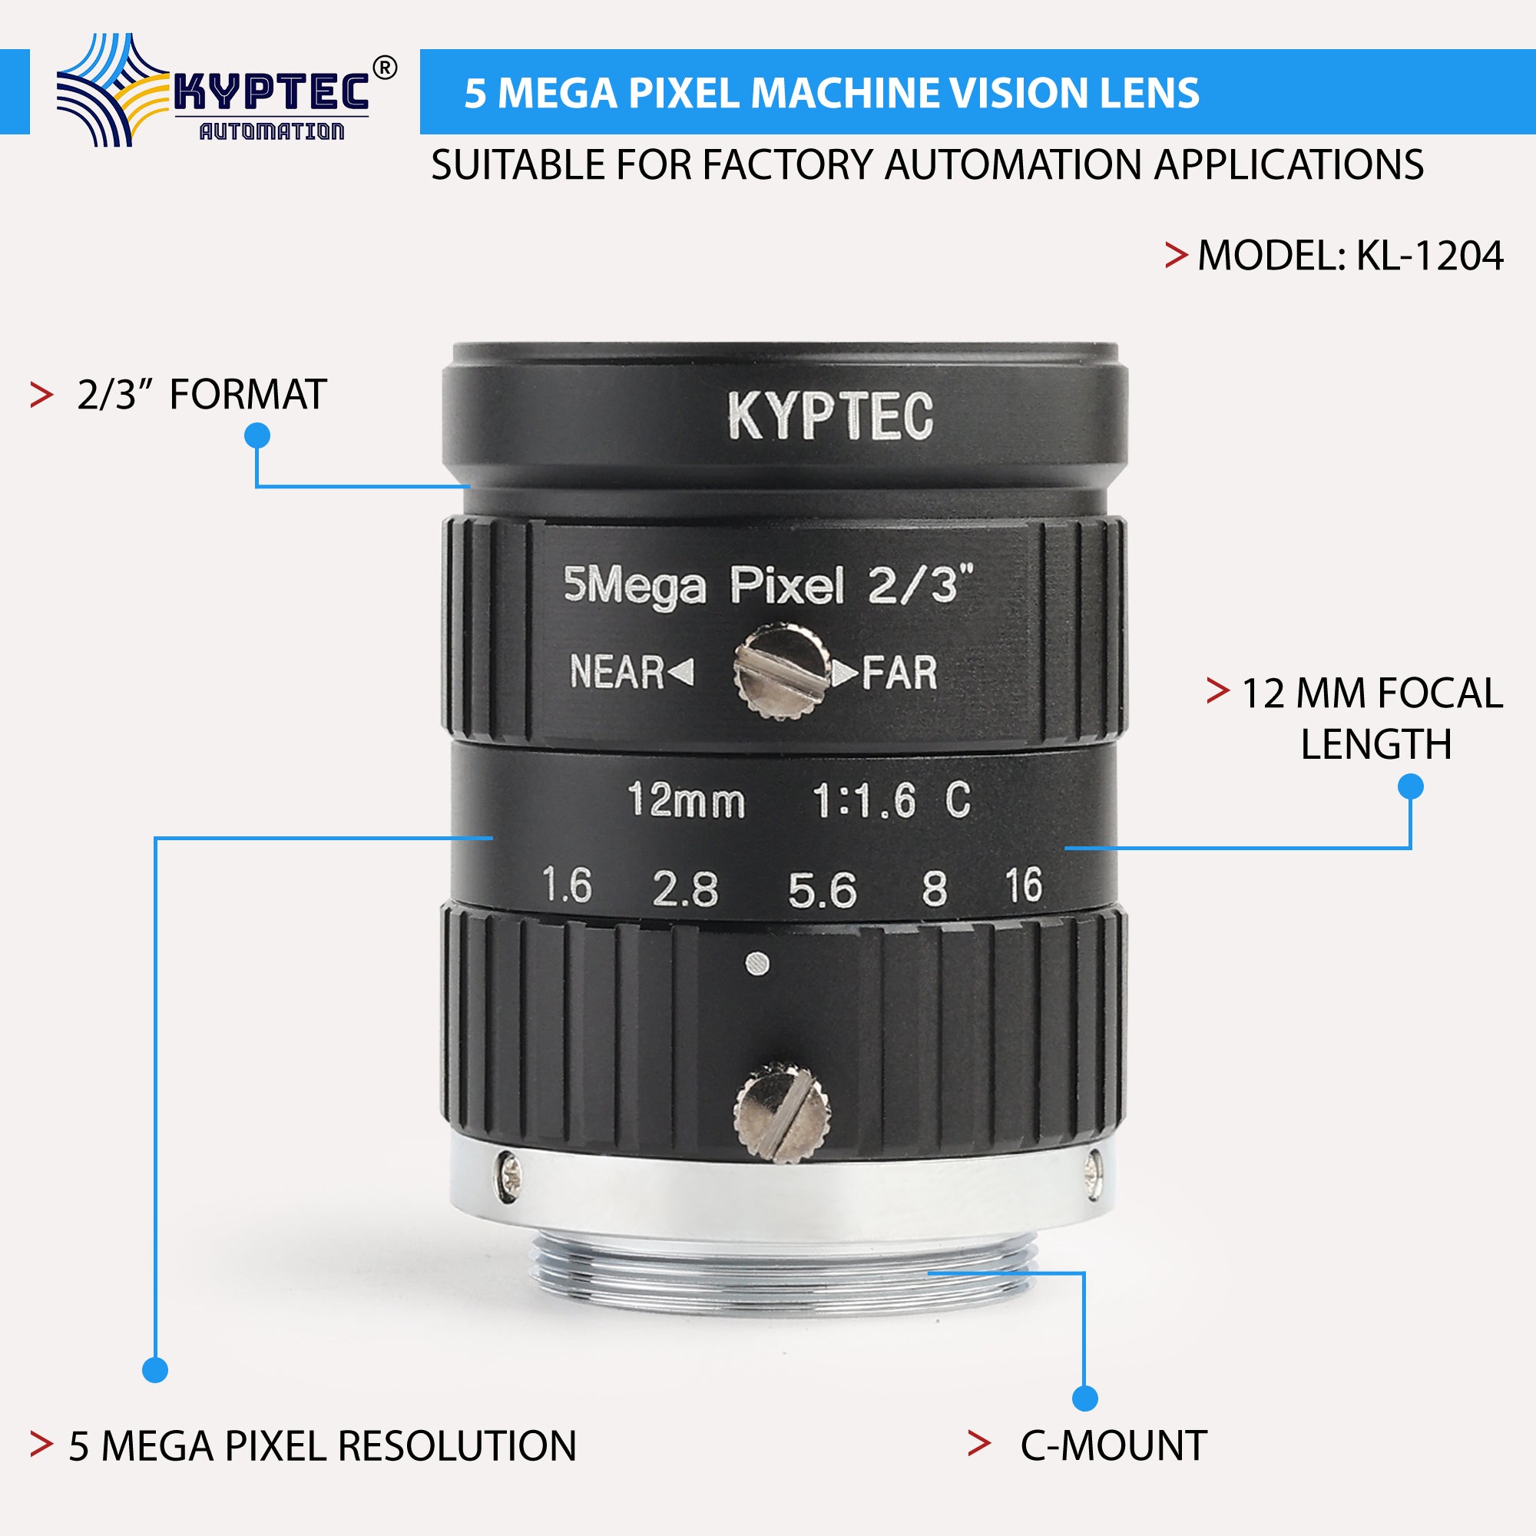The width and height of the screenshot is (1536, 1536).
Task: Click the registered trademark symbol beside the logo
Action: coord(384,69)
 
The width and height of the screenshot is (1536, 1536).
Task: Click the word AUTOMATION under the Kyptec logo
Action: coord(271,131)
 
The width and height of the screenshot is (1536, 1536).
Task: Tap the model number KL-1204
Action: coord(1428,256)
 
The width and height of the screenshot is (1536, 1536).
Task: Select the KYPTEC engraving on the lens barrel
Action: coord(830,415)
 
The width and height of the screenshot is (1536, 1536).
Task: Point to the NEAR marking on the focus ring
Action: coord(617,672)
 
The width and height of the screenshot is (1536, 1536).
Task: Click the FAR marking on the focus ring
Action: coord(900,674)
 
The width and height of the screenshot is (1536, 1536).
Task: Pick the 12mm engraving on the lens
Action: coord(686,799)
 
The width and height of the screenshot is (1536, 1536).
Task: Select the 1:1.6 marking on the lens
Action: coord(863,799)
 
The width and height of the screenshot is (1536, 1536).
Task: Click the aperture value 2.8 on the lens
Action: coord(684,889)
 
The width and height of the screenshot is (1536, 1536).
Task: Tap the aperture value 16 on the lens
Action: coord(1022,886)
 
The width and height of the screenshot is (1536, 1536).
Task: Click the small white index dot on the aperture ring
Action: coord(758,965)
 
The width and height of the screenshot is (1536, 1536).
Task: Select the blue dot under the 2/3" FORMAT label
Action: coord(257,435)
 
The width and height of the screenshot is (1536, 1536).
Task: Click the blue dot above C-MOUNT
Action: coord(1084,1399)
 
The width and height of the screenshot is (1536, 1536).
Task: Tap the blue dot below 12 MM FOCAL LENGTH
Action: coord(1410,787)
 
